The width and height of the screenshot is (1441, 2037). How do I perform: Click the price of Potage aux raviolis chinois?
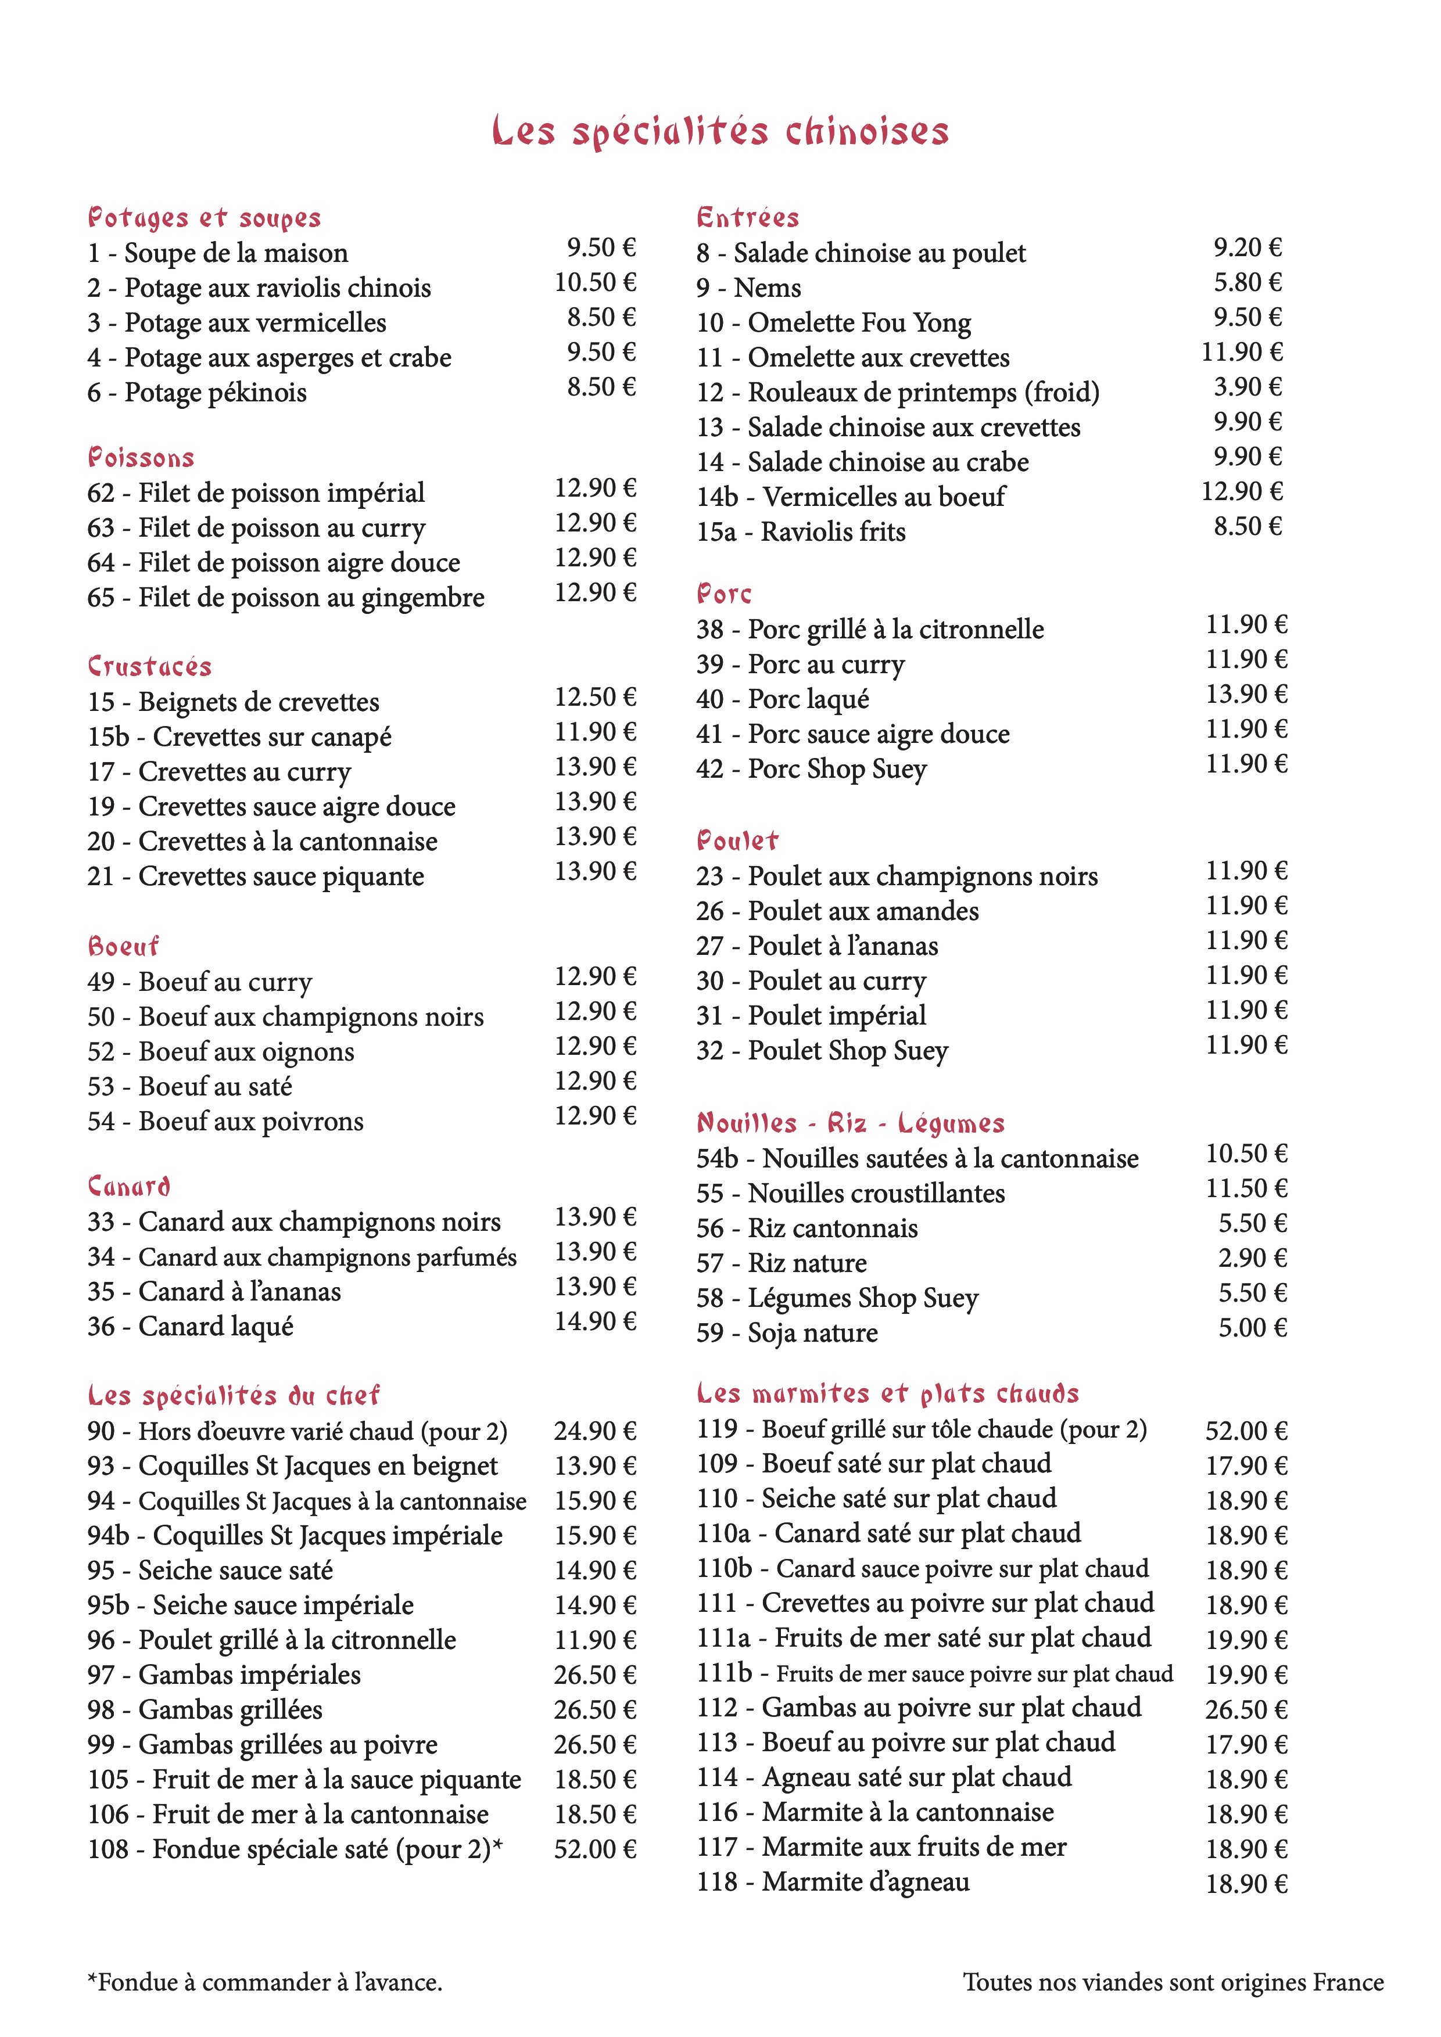click(x=596, y=283)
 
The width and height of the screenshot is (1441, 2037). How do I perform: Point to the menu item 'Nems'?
click(x=749, y=288)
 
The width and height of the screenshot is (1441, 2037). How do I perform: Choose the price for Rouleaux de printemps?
click(x=1248, y=387)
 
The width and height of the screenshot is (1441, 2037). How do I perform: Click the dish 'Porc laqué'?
click(x=783, y=699)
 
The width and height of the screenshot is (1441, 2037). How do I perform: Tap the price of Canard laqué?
click(x=596, y=1322)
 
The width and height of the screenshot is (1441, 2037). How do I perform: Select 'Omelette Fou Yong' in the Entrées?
click(x=833, y=323)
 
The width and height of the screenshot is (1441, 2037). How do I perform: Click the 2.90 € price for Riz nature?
click(x=1252, y=1258)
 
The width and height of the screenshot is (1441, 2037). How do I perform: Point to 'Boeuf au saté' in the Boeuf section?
click(x=190, y=1087)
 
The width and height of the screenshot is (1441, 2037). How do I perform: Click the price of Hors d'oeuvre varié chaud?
click(x=596, y=1431)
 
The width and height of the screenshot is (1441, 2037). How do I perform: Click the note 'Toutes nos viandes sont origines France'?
click(x=1173, y=1982)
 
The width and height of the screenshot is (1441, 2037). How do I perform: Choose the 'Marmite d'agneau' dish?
click(x=833, y=1882)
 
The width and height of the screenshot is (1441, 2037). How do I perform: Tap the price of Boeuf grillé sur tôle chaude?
click(x=1246, y=1431)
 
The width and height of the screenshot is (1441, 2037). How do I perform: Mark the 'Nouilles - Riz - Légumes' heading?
click(x=850, y=1123)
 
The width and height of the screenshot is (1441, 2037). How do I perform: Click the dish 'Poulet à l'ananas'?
click(x=817, y=947)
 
